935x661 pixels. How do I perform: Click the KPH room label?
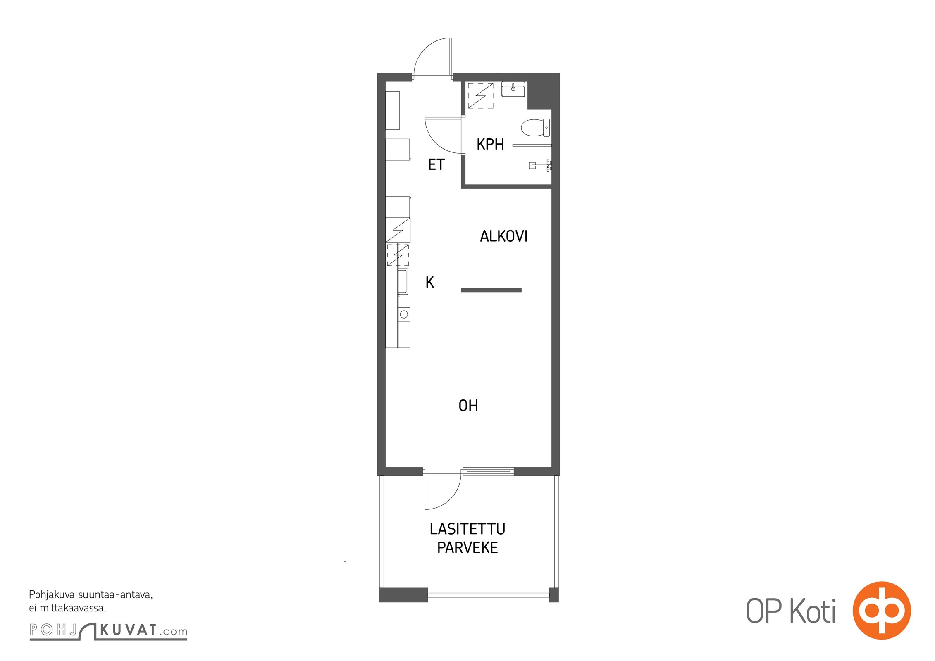(490, 144)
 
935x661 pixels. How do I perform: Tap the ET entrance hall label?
(436, 164)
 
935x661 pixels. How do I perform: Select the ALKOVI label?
(503, 236)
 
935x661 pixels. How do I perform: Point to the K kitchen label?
(430, 282)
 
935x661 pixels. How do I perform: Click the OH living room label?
(468, 406)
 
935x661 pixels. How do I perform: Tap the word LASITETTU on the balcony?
(467, 529)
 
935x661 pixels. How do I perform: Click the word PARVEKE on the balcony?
(467, 547)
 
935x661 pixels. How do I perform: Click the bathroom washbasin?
(513, 89)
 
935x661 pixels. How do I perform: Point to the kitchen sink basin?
(403, 281)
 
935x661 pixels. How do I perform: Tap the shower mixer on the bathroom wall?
(541, 166)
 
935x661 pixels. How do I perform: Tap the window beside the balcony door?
(488, 471)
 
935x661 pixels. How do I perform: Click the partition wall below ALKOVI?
(491, 290)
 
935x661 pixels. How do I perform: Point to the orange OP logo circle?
(882, 610)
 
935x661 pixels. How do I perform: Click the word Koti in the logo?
(813, 611)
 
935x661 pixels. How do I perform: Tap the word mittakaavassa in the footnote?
(73, 608)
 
